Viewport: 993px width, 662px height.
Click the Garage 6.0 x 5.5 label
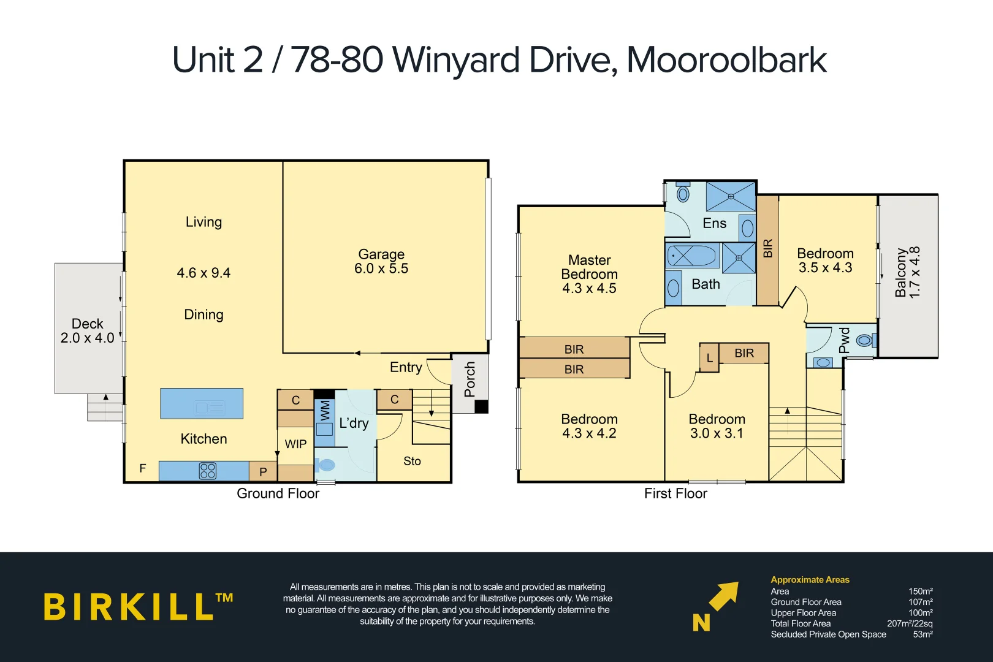point(381,261)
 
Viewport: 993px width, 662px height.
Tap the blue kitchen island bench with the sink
point(202,403)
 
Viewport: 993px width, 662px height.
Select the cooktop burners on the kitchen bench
point(208,471)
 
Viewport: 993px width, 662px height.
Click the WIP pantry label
point(295,444)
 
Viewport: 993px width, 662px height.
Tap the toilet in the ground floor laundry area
point(325,465)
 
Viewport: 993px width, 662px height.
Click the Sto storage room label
point(412,461)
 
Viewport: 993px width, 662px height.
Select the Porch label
point(470,379)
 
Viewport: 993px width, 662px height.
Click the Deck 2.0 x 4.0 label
point(87,330)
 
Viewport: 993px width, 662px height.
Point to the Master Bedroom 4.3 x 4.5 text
point(589,274)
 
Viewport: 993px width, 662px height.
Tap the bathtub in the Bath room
point(692,256)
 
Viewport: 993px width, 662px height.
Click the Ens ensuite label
point(714,223)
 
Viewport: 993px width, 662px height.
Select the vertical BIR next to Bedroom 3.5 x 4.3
point(767,249)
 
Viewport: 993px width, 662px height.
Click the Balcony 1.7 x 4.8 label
point(907,272)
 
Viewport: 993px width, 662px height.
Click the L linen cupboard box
point(709,358)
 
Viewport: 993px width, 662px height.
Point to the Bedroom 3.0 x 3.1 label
point(717,426)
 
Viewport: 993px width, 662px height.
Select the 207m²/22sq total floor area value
point(909,623)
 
